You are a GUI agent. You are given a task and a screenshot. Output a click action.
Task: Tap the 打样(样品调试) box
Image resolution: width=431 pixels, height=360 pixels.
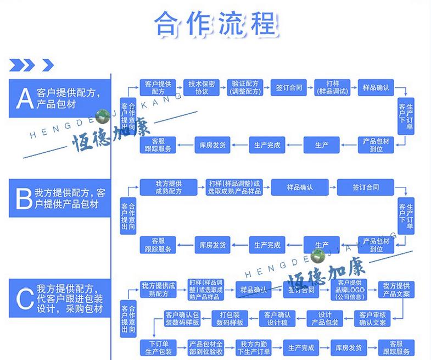[x=333, y=87]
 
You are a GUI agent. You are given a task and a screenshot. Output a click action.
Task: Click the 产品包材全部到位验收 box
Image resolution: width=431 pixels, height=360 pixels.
[x=206, y=348]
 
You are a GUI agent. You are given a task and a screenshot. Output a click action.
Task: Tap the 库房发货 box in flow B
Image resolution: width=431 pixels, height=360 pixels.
[x=212, y=245]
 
